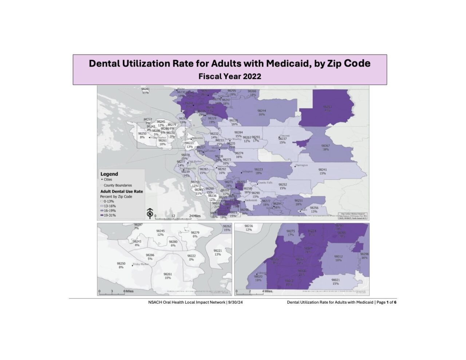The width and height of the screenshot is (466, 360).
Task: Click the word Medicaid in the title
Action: [x=288, y=63]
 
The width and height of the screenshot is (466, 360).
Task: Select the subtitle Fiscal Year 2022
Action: [x=230, y=77]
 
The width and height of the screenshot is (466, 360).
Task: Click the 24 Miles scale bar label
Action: [x=194, y=216]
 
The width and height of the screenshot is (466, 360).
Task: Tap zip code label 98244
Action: [x=261, y=111]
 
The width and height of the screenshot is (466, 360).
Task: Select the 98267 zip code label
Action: [x=325, y=146]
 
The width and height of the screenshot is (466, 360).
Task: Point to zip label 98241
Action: [x=323, y=170]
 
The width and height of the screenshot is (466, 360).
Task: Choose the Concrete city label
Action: [x=284, y=135]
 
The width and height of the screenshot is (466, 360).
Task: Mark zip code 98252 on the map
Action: [x=283, y=185]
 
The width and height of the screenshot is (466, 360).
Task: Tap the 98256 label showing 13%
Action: [x=314, y=208]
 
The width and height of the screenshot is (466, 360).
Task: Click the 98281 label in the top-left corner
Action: [x=145, y=89]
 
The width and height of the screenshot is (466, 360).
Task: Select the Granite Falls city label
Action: [x=265, y=182]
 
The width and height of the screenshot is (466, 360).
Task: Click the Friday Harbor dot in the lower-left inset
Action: [x=132, y=266]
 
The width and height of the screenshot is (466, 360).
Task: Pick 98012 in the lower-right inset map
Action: [x=338, y=256]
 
